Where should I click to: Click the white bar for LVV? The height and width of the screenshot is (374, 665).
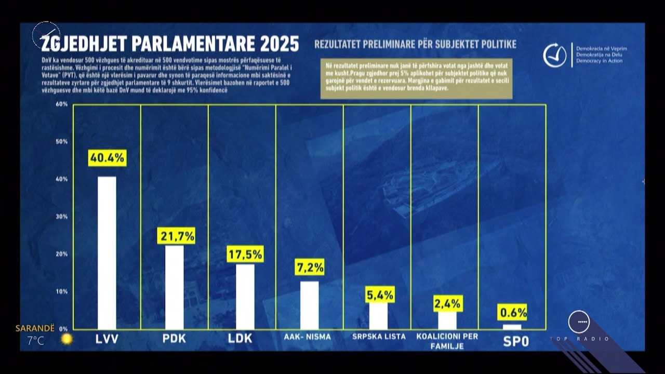pyautogui.click(x=107, y=252)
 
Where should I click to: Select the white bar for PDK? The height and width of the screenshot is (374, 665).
pyautogui.click(x=175, y=287)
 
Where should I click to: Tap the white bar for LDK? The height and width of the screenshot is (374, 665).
pyautogui.click(x=245, y=296)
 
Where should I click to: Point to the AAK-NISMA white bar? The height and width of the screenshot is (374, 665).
pyautogui.click(x=310, y=305)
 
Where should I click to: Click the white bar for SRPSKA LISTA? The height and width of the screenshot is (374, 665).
pyautogui.click(x=378, y=315)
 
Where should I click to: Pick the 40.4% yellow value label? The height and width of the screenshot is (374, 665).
pyautogui.click(x=107, y=158)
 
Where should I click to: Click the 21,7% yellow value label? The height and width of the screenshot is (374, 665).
pyautogui.click(x=177, y=236)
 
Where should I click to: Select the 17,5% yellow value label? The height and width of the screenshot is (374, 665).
pyautogui.click(x=245, y=254)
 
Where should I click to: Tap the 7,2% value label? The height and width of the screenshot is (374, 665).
pyautogui.click(x=310, y=268)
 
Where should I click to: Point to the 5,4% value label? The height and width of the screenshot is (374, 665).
pyautogui.click(x=380, y=295)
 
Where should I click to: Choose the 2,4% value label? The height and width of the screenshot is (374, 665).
pyautogui.click(x=447, y=303)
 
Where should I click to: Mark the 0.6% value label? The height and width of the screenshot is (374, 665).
pyautogui.click(x=512, y=312)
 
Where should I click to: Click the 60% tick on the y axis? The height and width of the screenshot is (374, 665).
pyautogui.click(x=62, y=104)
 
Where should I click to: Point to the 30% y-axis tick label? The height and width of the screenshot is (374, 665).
pyautogui.click(x=62, y=217)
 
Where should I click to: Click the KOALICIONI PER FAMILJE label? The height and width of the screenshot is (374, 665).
pyautogui.click(x=447, y=341)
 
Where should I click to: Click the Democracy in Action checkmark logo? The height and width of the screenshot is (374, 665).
pyautogui.click(x=554, y=56)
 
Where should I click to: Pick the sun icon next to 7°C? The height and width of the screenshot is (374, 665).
pyautogui.click(x=66, y=339)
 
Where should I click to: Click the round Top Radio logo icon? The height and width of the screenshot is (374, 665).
pyautogui.click(x=579, y=322)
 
